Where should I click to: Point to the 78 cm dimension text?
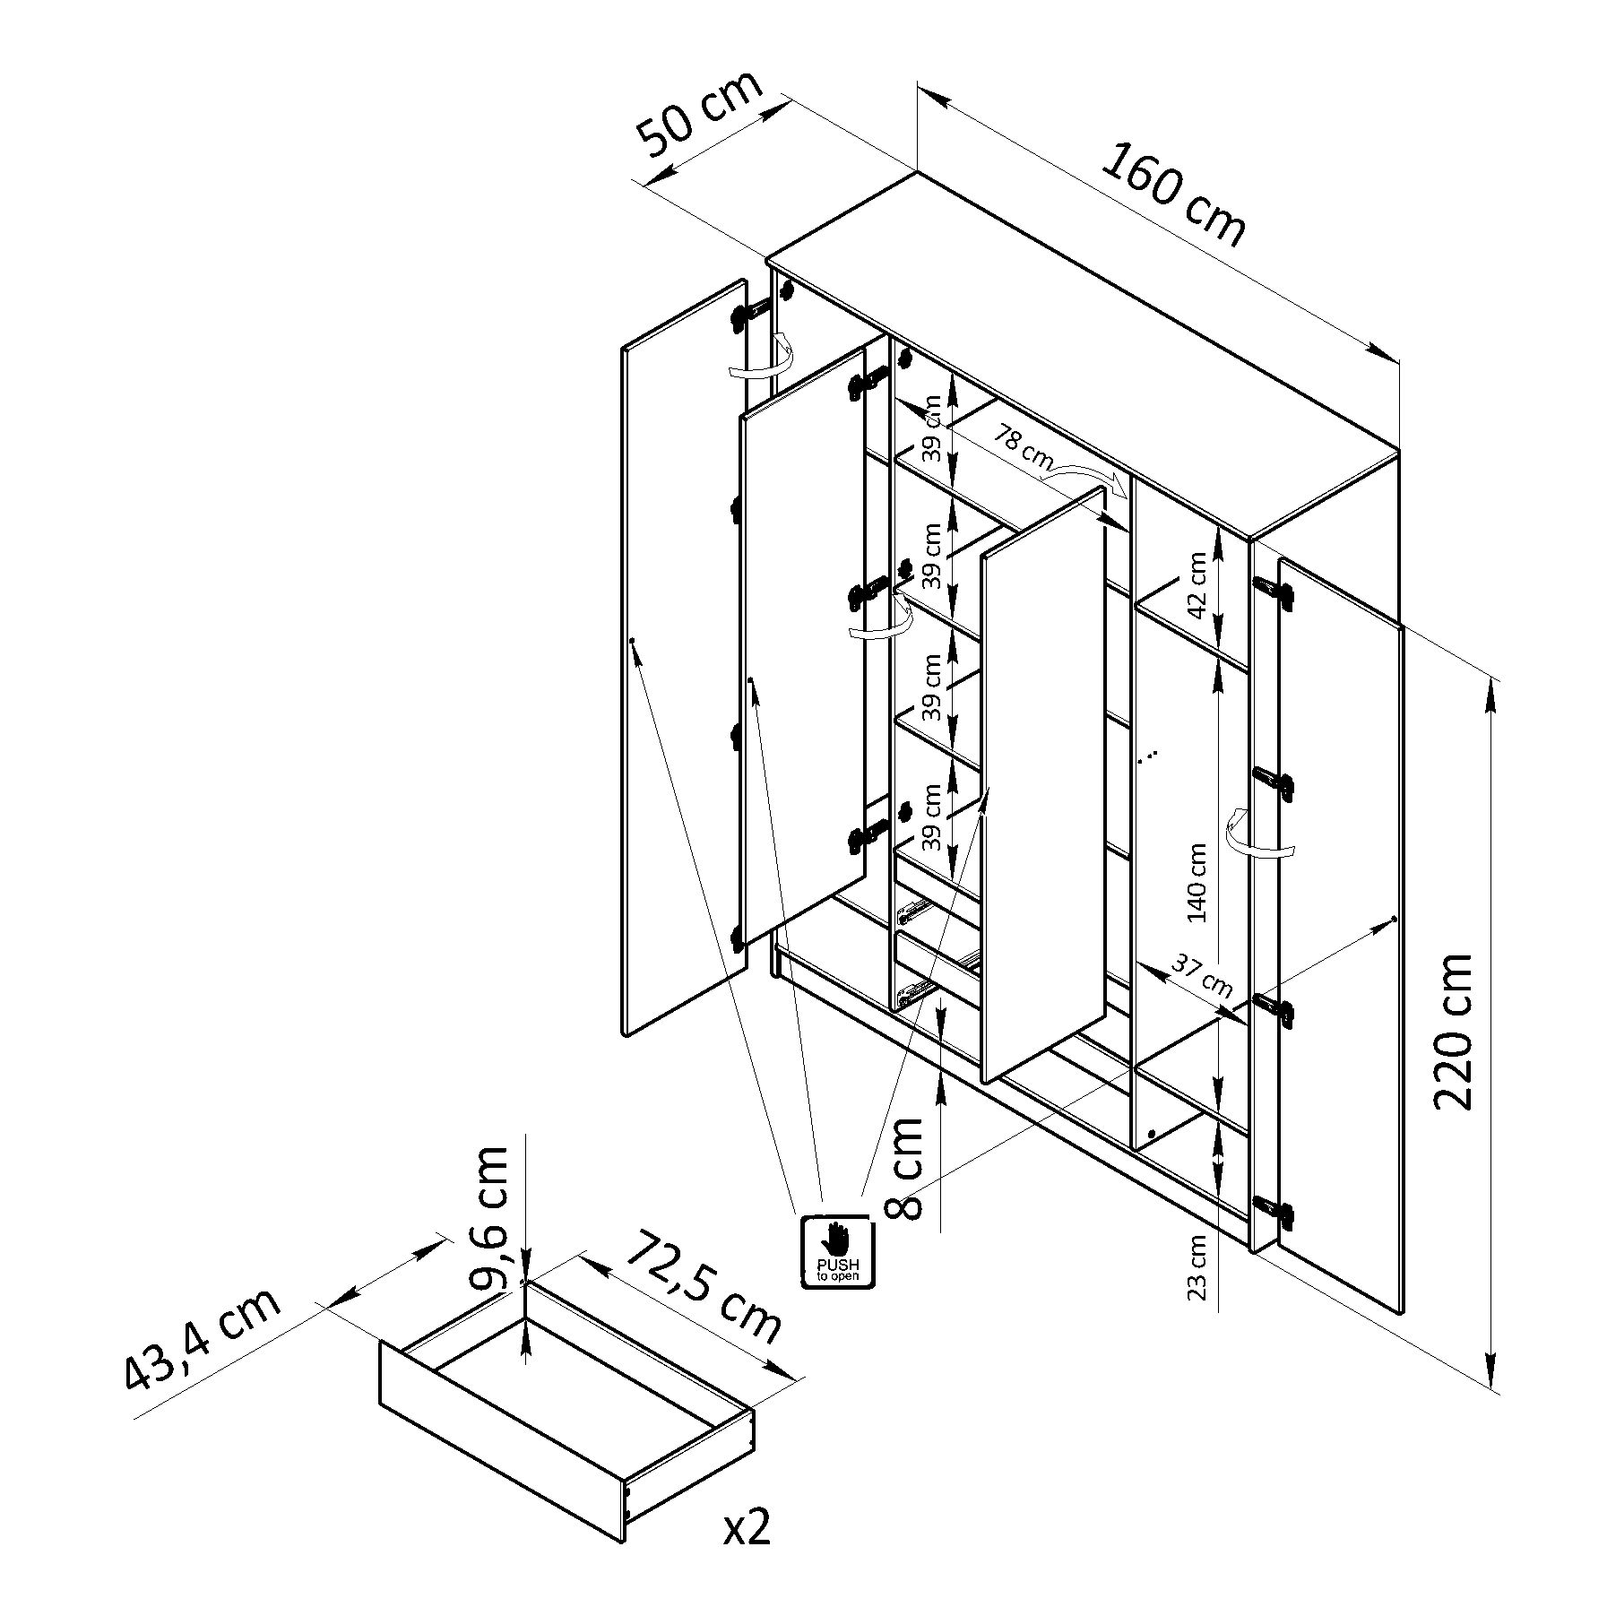(1022, 445)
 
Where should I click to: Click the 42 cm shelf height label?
(1197, 585)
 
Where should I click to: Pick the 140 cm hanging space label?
(1197, 883)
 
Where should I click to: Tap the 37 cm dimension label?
(1202, 977)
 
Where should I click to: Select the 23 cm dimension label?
(1197, 1267)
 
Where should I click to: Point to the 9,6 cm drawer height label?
(490, 1216)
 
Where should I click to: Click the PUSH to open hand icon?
(836, 1250)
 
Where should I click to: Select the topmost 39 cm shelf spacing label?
(933, 428)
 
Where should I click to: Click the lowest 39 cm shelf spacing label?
(933, 816)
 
